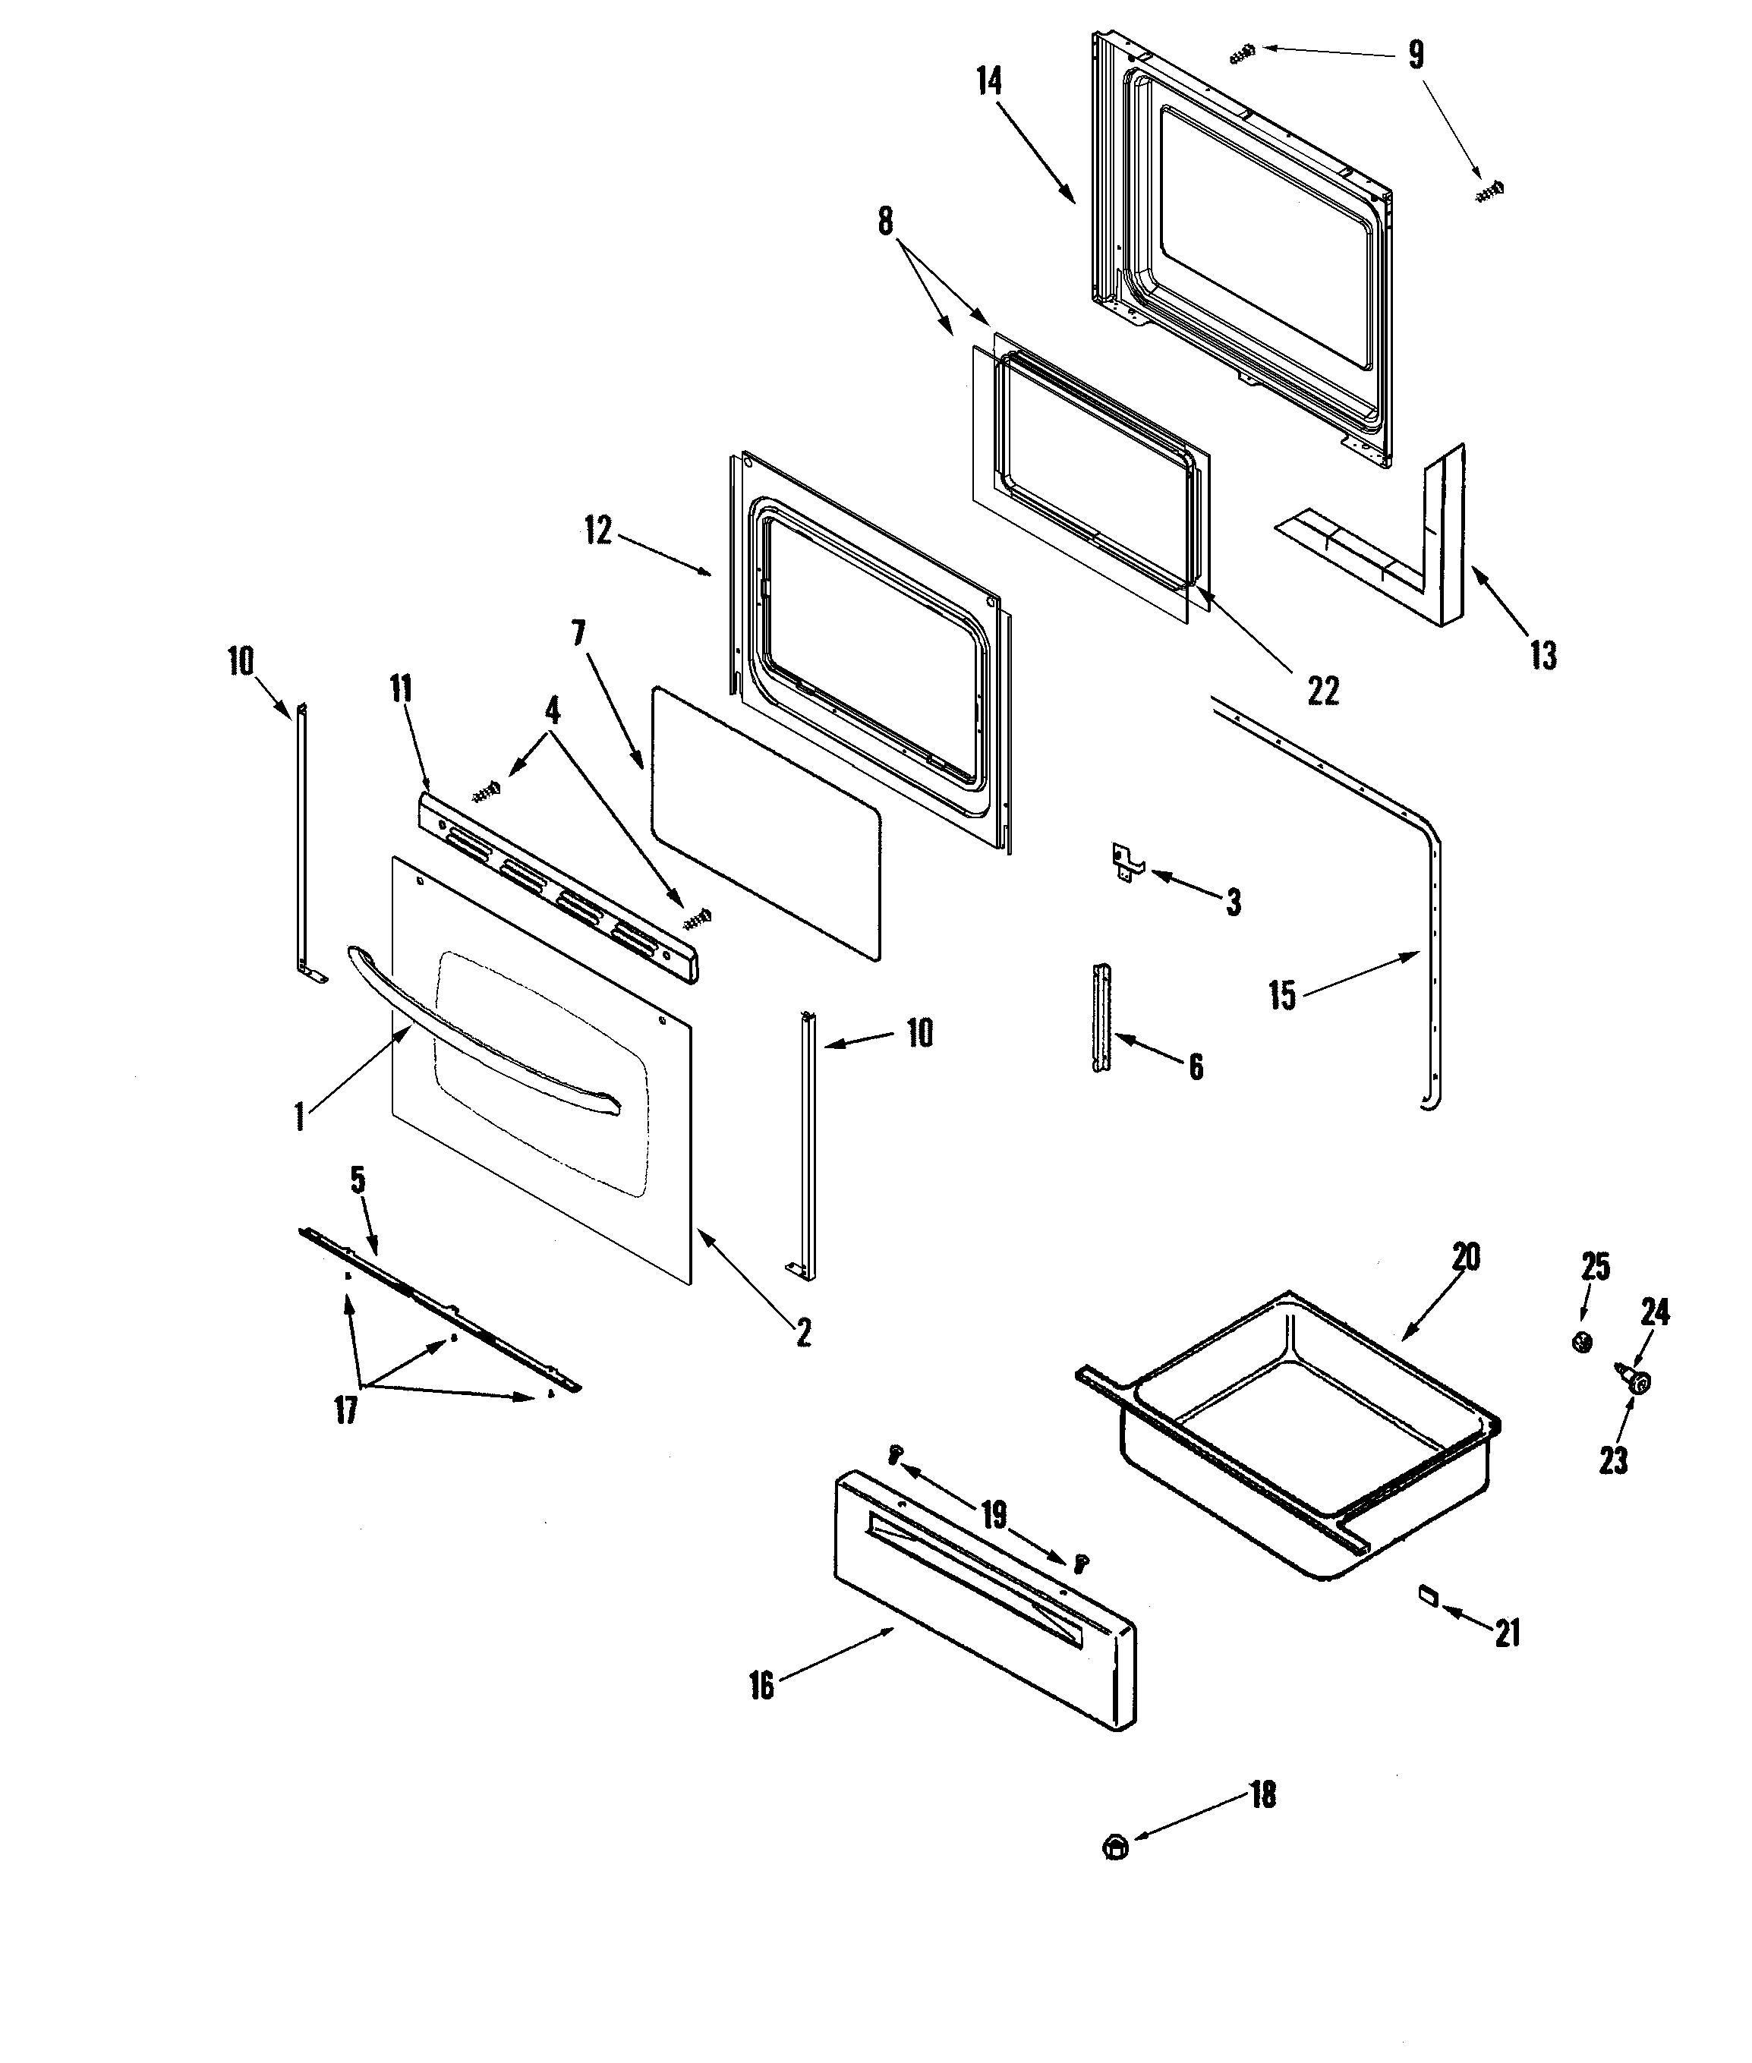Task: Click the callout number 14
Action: (989, 81)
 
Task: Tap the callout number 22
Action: (1322, 691)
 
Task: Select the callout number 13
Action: (1542, 656)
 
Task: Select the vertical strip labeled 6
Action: (1101, 1018)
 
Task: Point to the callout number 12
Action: (598, 531)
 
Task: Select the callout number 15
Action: (1282, 994)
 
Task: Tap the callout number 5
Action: (358, 1180)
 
